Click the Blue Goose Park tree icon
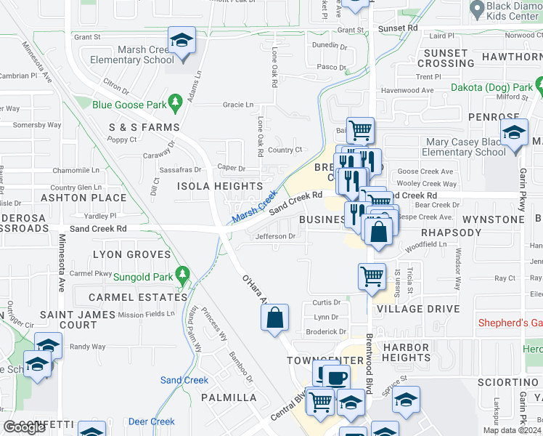(x=174, y=102)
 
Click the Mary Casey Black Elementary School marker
(x=515, y=134)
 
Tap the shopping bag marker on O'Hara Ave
(x=274, y=318)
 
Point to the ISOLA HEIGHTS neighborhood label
(x=218, y=187)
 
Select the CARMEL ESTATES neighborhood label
(x=137, y=297)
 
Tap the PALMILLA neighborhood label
(x=229, y=397)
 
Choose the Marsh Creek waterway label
(x=254, y=207)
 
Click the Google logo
(x=24, y=427)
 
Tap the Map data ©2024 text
(x=512, y=430)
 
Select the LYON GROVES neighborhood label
(x=131, y=254)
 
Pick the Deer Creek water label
(x=151, y=421)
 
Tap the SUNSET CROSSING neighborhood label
(x=446, y=58)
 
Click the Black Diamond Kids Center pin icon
(x=477, y=9)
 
